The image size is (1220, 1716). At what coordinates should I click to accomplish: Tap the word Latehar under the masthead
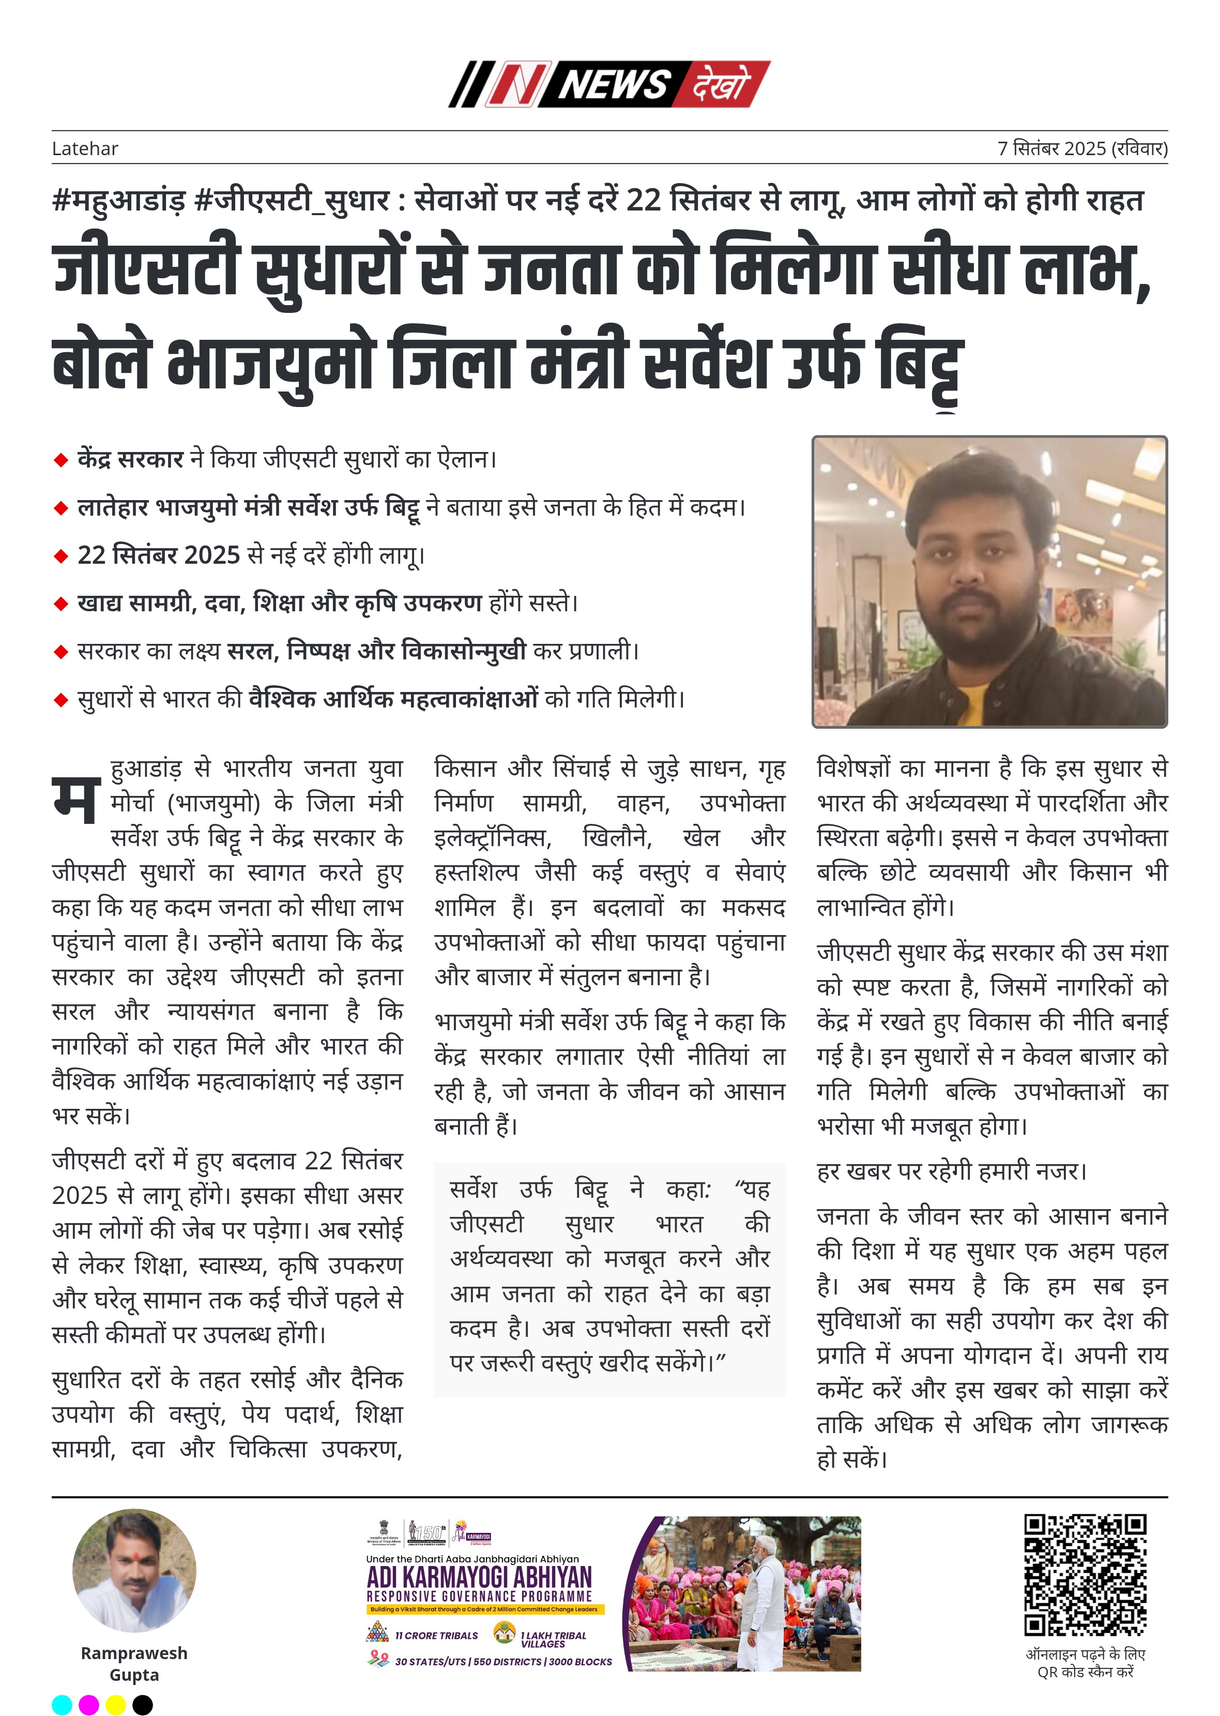(85, 149)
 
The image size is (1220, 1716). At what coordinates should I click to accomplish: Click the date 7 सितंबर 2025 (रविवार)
(1082, 149)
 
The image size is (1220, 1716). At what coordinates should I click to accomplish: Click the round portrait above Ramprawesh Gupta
(134, 1571)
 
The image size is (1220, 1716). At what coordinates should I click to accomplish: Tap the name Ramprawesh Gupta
(134, 1663)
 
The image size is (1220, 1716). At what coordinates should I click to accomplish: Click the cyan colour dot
(62, 1705)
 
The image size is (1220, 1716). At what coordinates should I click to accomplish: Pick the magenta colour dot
(88, 1705)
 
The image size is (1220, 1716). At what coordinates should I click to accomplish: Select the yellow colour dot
(116, 1705)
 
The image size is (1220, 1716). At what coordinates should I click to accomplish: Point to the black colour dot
(143, 1705)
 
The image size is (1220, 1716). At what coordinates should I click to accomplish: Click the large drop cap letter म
(76, 799)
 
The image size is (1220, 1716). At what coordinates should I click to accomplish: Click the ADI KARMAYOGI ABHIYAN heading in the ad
(479, 1577)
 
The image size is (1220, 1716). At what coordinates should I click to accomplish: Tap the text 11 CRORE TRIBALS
(436, 1635)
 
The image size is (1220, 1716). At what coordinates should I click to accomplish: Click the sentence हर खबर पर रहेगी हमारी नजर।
(952, 1171)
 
